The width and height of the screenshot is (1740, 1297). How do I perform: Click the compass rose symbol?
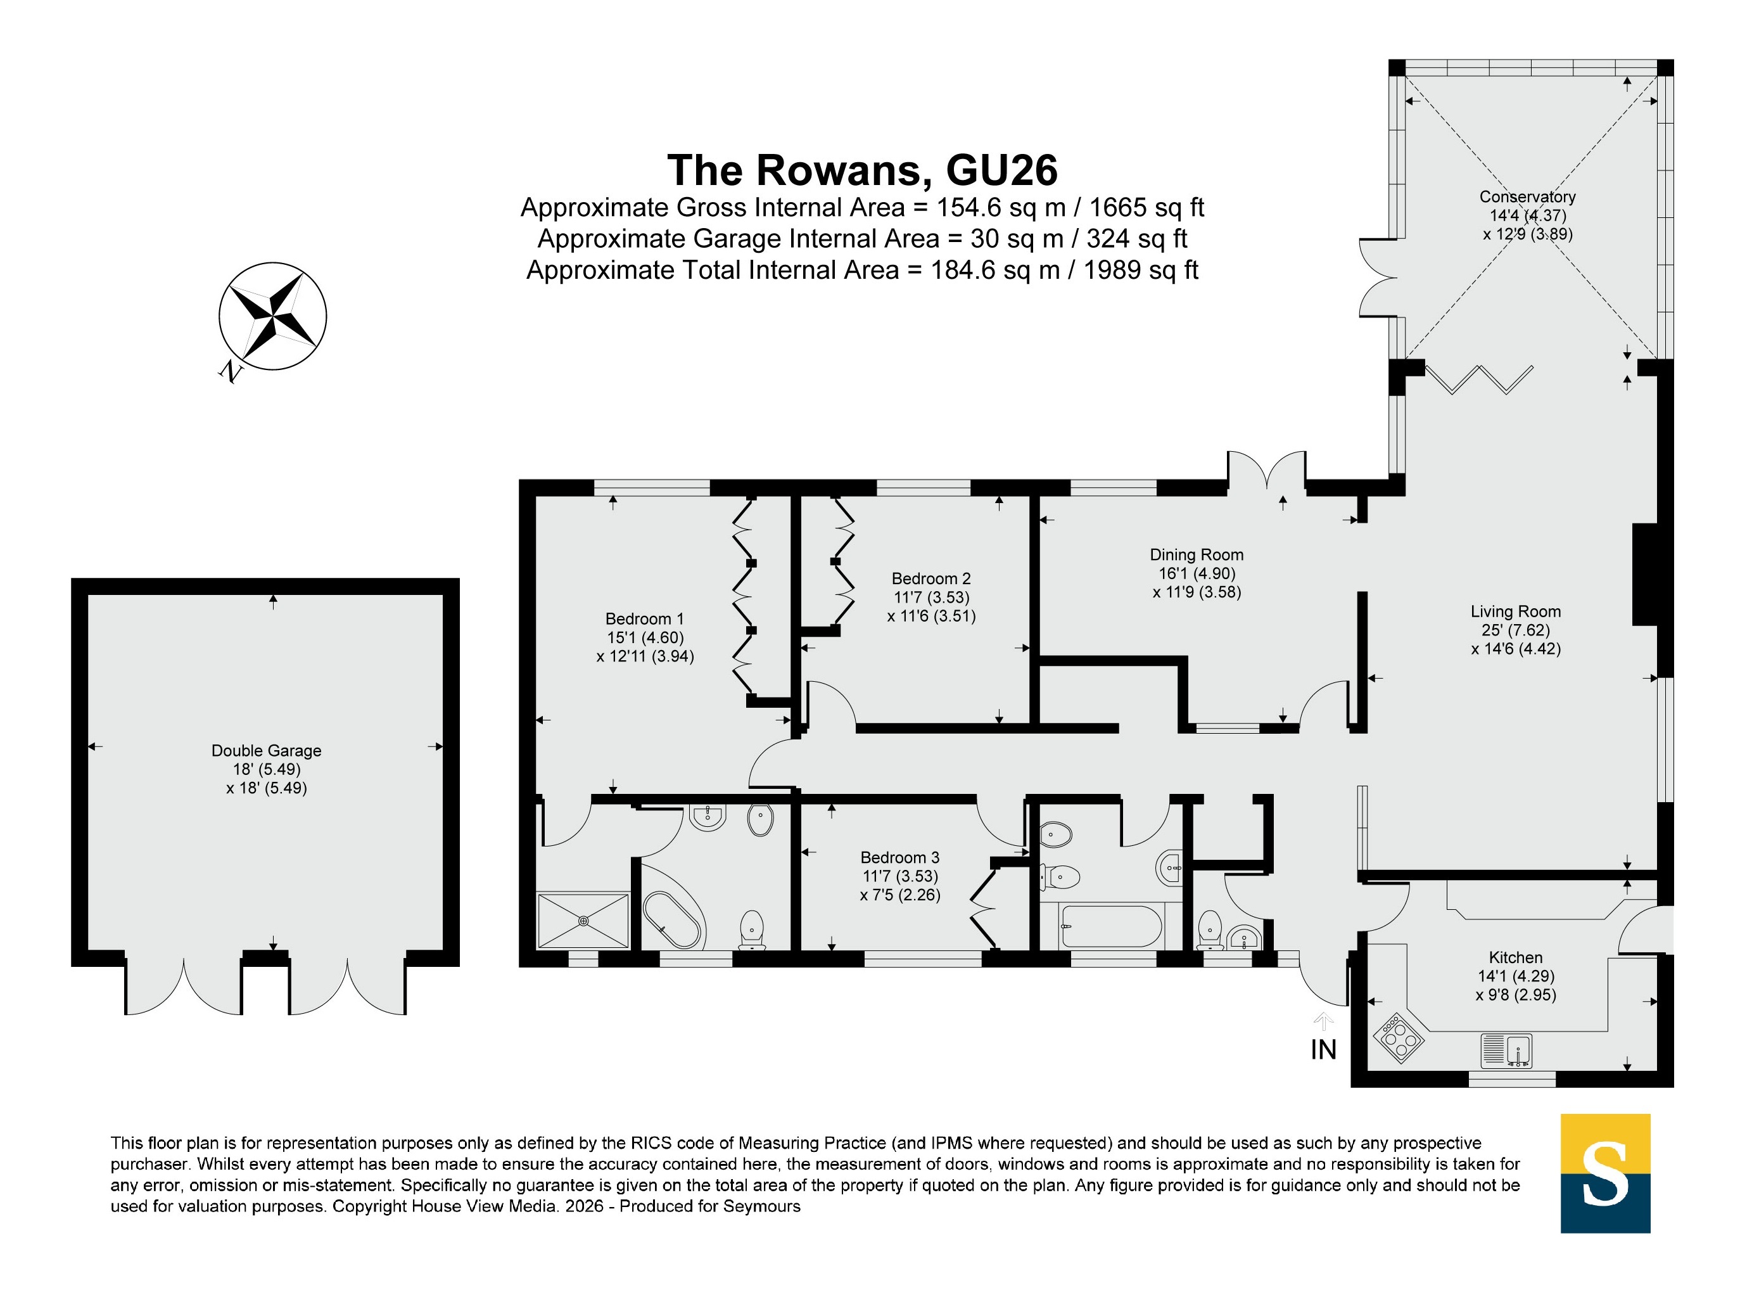click(x=272, y=316)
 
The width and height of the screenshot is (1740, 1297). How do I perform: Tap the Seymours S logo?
click(x=1605, y=1173)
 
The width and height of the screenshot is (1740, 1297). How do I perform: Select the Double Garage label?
click(x=266, y=751)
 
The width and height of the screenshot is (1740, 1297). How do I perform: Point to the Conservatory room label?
click(x=1527, y=197)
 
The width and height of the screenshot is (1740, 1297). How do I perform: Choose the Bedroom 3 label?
click(x=899, y=857)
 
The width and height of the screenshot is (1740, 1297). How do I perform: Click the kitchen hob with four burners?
click(x=1398, y=1038)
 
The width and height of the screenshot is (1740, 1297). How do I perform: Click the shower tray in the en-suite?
click(x=583, y=920)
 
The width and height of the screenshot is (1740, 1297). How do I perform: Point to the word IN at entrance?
click(x=1323, y=1050)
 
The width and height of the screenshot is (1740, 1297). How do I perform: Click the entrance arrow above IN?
click(x=1324, y=1021)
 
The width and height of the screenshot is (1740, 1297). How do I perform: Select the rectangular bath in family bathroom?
click(x=1110, y=926)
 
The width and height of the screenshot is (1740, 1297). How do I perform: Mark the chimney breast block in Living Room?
click(x=1645, y=575)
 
